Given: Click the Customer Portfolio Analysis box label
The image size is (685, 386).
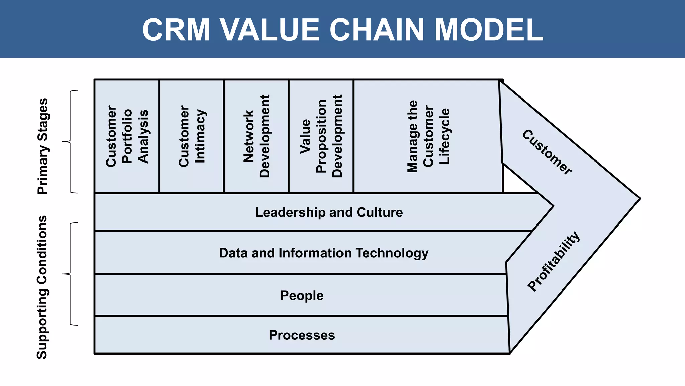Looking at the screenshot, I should [127, 136].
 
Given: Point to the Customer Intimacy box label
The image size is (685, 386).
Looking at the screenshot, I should [192, 136].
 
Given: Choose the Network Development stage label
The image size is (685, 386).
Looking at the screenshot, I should [256, 136].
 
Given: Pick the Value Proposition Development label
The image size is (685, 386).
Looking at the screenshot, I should [321, 136].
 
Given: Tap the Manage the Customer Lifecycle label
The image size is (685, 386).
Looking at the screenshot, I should [428, 136].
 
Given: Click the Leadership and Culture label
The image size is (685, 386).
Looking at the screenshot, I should [329, 212].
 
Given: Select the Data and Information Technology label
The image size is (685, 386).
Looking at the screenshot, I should [323, 253].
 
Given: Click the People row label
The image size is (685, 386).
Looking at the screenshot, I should [302, 296].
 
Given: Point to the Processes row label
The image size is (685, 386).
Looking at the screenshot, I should [302, 335].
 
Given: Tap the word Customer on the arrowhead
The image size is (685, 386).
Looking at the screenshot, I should [547, 152].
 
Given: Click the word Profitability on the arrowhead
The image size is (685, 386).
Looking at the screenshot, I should [554, 261].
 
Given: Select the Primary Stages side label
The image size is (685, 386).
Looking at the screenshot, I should [43, 146].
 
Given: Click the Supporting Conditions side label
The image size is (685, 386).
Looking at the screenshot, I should [42, 287].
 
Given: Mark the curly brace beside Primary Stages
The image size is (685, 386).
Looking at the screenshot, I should [70, 142].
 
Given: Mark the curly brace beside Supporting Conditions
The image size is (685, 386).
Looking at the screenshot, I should [70, 274].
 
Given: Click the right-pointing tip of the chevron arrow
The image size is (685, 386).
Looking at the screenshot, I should [638, 198].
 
